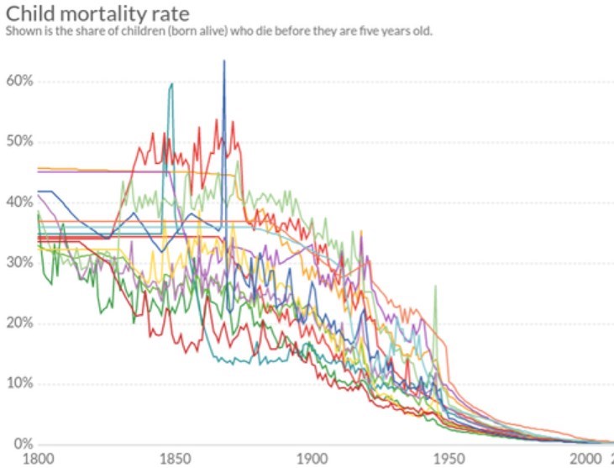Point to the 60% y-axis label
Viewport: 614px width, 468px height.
tap(18, 82)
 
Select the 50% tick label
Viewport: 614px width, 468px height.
tap(18, 141)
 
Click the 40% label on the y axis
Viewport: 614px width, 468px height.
tap(18, 202)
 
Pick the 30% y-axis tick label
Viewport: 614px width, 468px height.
tap(18, 262)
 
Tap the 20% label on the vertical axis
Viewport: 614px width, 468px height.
tap(18, 323)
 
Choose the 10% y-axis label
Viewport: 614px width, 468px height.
tap(18, 383)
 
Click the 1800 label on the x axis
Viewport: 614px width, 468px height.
tap(37, 459)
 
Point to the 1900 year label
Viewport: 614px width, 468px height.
tap(311, 459)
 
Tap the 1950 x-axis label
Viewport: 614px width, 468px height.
tap(448, 459)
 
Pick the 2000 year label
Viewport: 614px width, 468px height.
tap(585, 459)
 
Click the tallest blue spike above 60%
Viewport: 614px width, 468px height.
tap(224, 61)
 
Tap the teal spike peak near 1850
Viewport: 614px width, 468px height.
tap(171, 84)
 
